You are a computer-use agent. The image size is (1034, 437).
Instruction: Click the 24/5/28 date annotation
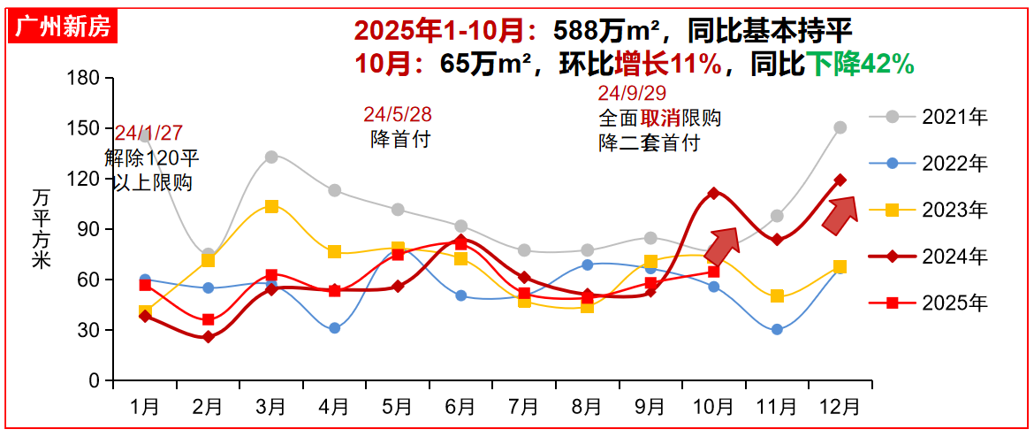pos(397,115)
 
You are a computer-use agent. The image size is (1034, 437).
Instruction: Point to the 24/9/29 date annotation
pos(632,94)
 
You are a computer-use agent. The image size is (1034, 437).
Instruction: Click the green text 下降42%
pos(859,64)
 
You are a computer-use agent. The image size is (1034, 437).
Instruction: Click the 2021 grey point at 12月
pos(840,127)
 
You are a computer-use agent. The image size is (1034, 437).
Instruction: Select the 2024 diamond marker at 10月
pos(713,193)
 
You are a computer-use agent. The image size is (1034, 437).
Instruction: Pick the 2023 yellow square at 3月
pos(271,206)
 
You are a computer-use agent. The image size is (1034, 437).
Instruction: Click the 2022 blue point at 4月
pos(334,328)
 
